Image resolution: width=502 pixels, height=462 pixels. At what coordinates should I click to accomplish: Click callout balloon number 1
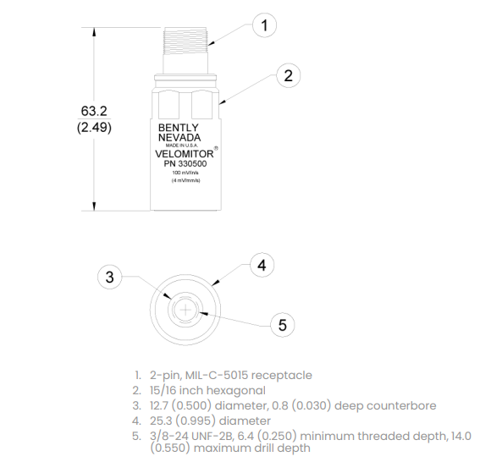click(264, 25)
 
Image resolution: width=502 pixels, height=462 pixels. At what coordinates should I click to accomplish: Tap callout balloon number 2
click(288, 75)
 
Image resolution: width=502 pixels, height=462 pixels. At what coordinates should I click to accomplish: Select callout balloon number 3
click(110, 277)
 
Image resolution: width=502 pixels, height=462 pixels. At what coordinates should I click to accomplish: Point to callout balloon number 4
click(262, 265)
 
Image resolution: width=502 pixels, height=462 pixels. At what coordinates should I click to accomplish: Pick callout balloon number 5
click(283, 325)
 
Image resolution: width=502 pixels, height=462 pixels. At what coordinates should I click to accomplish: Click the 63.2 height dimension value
click(94, 111)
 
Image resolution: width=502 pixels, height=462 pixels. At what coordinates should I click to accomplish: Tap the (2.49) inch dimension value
click(94, 127)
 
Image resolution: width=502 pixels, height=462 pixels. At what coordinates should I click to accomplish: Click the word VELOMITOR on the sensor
click(185, 154)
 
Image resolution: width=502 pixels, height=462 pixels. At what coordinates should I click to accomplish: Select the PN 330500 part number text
click(185, 164)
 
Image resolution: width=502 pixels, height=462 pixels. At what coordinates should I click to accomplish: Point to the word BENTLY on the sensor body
click(179, 128)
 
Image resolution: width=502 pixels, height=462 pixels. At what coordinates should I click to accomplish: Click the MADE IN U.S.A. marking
click(182, 146)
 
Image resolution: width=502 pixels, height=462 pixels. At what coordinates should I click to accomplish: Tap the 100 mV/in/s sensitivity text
click(185, 173)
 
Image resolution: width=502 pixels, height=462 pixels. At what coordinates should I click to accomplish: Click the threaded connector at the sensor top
click(185, 41)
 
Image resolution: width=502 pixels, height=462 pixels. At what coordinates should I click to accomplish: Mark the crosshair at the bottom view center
click(185, 310)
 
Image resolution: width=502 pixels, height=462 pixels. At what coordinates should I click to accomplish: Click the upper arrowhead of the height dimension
click(94, 33)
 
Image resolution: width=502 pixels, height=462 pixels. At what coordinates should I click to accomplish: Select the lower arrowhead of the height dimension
click(94, 206)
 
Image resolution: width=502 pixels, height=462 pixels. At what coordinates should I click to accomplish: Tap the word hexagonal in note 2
click(236, 390)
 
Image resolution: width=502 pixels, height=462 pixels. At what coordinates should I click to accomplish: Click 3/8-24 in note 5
click(169, 436)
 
